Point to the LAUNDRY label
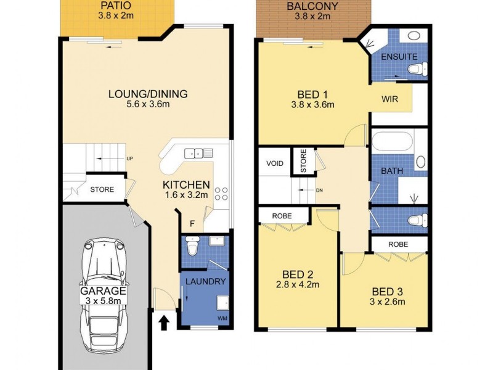pyautogui.click(x=204, y=282)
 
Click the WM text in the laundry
pyautogui.click(x=221, y=318)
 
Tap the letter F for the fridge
pyautogui.click(x=192, y=223)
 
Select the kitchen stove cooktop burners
pyautogui.click(x=222, y=195)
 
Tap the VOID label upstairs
pyautogui.click(x=274, y=164)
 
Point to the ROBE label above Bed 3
pyautogui.click(x=398, y=244)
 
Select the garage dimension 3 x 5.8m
pyautogui.click(x=102, y=300)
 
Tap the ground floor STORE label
pyautogui.click(x=102, y=189)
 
